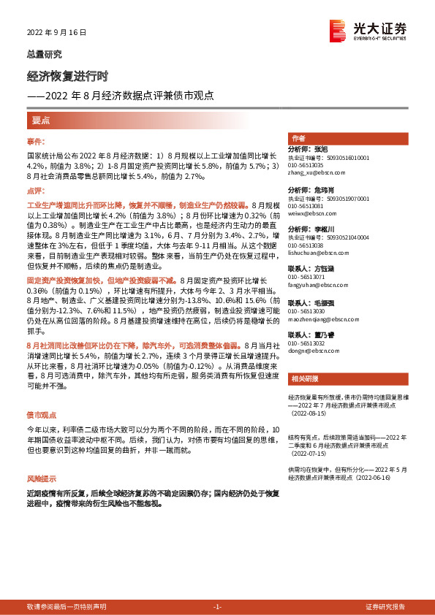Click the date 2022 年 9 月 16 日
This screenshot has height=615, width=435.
pos(57,33)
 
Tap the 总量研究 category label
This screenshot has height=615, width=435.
pos(45,54)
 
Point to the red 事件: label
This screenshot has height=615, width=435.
pos(36,141)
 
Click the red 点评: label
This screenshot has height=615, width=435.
pos(36,191)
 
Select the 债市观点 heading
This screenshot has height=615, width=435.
pos(43,413)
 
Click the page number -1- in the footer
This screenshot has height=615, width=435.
pos(217,607)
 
